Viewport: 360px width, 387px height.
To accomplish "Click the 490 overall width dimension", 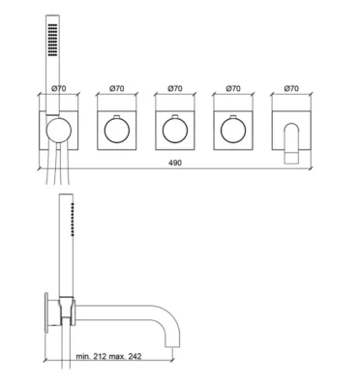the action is pos(175,163).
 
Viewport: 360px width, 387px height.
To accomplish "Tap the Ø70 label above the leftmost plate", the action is pos(59,88).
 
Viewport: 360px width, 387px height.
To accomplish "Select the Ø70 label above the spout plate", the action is pos(291,88).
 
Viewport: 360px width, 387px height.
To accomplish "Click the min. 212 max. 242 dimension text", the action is pos(108,356).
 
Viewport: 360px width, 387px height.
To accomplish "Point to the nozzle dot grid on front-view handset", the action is pos(53,40).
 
